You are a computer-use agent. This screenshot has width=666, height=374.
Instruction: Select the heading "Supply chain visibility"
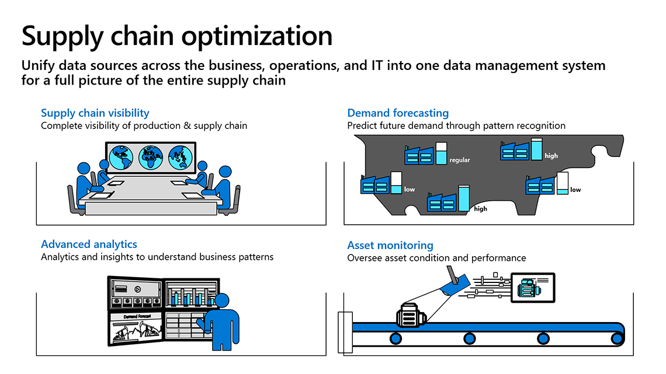click(x=95, y=113)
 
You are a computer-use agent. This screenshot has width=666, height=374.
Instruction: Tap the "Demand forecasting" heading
click(x=398, y=113)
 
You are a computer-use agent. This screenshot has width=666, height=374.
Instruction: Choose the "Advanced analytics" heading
click(x=89, y=244)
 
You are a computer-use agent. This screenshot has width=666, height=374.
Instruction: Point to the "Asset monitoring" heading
click(x=390, y=245)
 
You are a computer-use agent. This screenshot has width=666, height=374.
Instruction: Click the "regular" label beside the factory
click(x=460, y=160)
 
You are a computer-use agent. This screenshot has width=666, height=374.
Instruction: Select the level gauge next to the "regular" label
click(x=441, y=153)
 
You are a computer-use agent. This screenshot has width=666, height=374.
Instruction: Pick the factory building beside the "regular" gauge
click(x=419, y=155)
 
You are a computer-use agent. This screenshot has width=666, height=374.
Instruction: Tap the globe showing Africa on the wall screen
click(x=151, y=157)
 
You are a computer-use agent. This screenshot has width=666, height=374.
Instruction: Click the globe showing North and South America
click(x=122, y=157)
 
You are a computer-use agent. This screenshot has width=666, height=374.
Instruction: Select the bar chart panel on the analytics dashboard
click(x=190, y=294)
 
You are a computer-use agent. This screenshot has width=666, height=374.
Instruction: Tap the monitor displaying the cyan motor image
click(x=532, y=287)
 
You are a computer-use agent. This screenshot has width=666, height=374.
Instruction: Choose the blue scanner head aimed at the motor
click(x=455, y=283)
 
